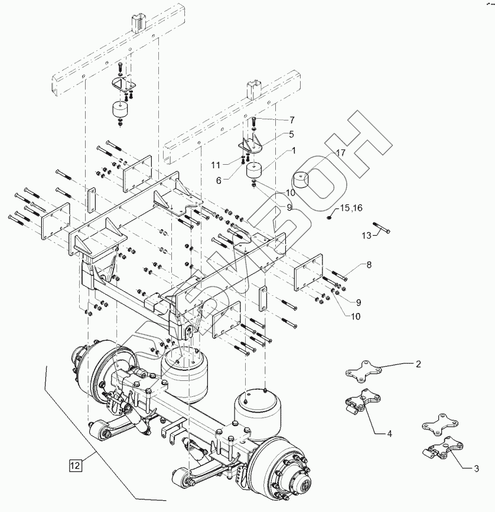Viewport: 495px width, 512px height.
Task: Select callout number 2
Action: point(418,364)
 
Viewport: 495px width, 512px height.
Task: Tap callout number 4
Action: point(389,434)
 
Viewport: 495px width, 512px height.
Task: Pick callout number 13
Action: point(367,235)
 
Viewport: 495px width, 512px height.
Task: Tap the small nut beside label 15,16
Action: point(328,216)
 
